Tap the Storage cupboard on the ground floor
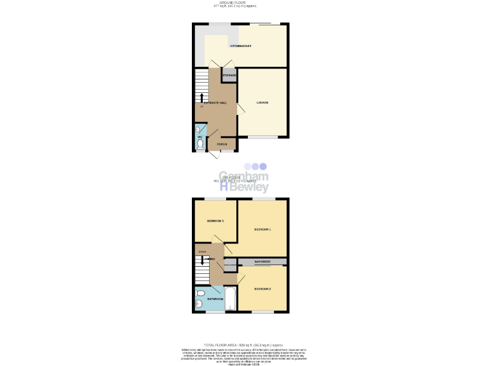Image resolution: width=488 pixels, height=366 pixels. tap(229, 76)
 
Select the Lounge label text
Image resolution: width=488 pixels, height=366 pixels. tap(262, 103)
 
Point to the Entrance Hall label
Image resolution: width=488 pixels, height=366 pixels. tap(215, 103)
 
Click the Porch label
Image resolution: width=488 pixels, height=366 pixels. tap(222, 144)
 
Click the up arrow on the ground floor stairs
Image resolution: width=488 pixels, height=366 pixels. tap(202, 97)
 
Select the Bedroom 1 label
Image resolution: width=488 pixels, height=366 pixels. tap(262, 229)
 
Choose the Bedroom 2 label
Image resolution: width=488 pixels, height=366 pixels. tap(262, 289)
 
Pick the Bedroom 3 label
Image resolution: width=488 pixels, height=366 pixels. tap(215, 221)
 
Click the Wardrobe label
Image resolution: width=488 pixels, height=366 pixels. tap(262, 261)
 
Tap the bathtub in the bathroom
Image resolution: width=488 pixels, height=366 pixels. tap(230, 299)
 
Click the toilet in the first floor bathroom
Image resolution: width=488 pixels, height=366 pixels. tap(200, 294)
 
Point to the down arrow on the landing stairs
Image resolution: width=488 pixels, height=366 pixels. tap(202, 261)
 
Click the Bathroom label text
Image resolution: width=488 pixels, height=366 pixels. tap(215, 299)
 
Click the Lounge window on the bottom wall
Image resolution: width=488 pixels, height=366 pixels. tap(262, 137)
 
